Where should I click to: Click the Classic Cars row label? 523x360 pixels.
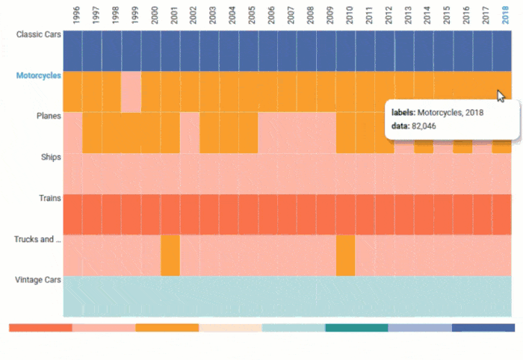click(39, 34)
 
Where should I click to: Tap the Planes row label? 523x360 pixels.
click(49, 116)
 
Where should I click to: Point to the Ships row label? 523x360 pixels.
click(50, 157)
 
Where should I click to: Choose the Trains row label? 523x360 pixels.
click(49, 198)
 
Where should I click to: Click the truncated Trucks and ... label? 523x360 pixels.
click(37, 239)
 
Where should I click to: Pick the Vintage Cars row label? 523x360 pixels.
click(38, 280)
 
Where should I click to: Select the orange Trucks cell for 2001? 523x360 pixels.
click(170, 255)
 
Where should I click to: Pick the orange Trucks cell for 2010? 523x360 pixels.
click(345, 255)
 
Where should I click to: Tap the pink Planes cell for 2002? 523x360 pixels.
click(189, 132)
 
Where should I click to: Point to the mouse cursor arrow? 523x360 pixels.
click(501, 96)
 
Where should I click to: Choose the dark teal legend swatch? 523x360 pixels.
click(356, 327)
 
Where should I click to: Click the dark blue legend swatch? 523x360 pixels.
click(483, 327)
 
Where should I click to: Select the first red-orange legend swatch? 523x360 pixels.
click(40, 327)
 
